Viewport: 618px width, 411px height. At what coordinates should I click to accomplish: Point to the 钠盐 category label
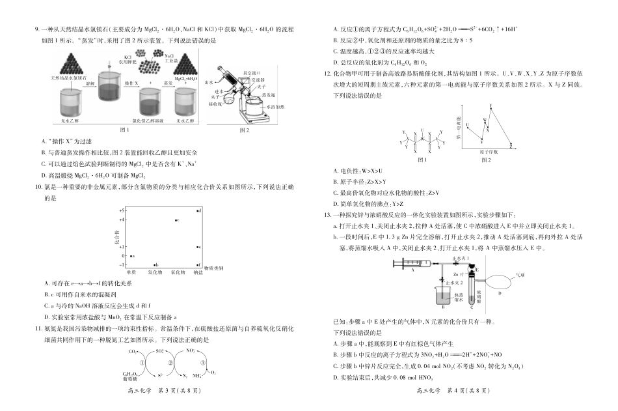click(x=197, y=272)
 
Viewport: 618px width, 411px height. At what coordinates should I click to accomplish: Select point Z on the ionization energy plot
click(x=512, y=145)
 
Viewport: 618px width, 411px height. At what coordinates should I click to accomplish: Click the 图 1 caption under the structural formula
click(x=422, y=159)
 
